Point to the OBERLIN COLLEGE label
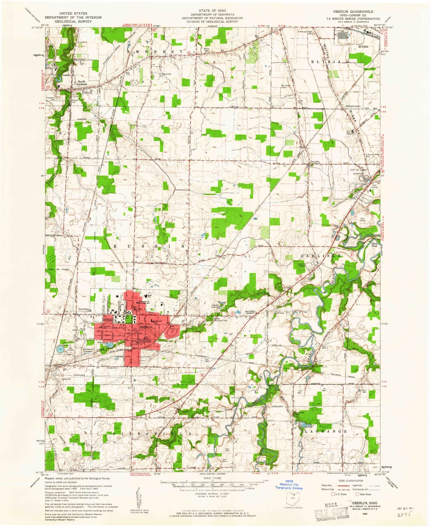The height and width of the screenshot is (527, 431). [108, 320]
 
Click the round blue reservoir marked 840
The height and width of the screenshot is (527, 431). [60, 349]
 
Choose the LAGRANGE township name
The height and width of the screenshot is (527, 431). [325, 431]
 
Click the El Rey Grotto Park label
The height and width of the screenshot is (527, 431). [166, 75]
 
